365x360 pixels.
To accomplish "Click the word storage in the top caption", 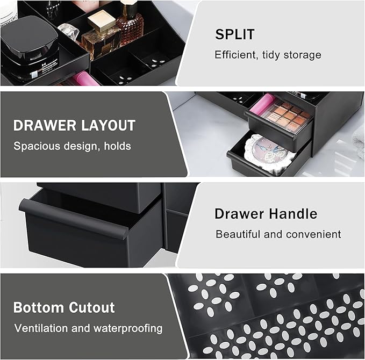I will (x=303, y=55).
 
